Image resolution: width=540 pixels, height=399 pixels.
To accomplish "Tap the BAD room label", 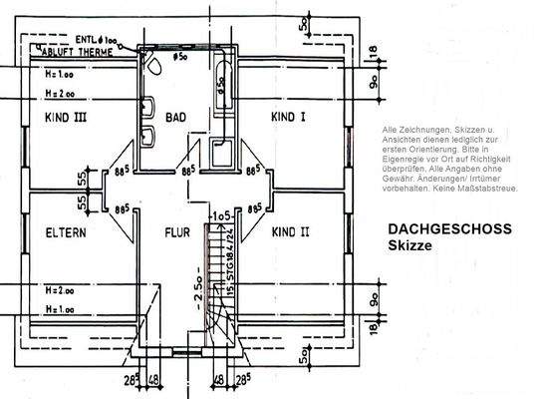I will click(176, 117).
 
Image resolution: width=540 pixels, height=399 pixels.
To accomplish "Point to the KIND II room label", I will click(290, 231).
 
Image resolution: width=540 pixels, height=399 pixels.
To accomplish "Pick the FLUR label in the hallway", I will click(177, 232).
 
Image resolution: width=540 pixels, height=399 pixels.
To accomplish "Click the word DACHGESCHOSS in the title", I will click(449, 228).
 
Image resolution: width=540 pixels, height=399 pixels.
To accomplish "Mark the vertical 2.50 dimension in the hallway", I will click(198, 288).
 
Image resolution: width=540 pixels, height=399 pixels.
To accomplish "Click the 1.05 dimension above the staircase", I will click(220, 214).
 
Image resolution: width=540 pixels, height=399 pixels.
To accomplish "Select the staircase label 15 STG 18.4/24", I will click(228, 262).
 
